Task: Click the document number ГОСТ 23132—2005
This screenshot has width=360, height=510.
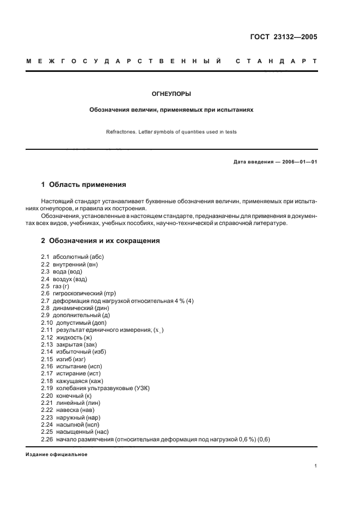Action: coord(283,38)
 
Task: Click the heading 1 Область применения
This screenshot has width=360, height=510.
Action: coord(84,185)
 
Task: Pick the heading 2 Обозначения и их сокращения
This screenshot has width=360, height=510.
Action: coord(101,240)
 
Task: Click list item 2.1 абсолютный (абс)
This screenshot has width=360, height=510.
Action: coord(72,257)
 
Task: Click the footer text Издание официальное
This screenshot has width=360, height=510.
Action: coord(56,454)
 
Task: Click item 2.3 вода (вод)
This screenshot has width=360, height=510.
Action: coord(62,271)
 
